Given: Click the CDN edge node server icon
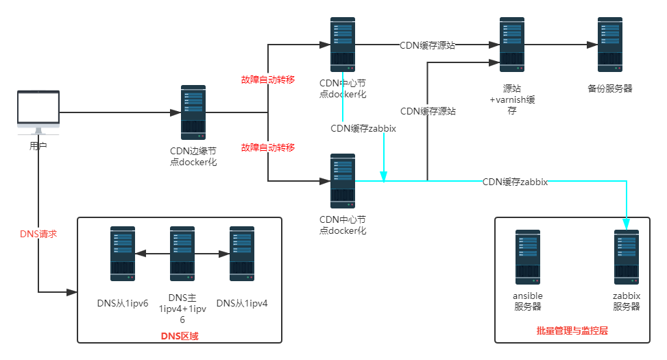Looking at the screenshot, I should coord(193,112).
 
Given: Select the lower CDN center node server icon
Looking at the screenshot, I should coord(343,181).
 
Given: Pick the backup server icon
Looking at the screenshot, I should coord(609,45).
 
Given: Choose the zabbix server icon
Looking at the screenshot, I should coord(627,257).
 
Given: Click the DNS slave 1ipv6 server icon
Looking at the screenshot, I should coord(123,254).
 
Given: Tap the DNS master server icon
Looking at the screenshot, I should coord(182,254).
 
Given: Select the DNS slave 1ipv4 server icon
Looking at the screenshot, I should coord(241,254).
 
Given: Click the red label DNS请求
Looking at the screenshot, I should coord(38,234).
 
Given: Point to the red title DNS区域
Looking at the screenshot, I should coord(180,335).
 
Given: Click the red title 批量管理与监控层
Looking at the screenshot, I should coord(572,331).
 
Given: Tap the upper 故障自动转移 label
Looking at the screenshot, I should coord(268,80).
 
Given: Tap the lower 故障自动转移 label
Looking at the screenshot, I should coord(268,147).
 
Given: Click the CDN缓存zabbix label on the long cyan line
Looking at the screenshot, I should coord(516,182).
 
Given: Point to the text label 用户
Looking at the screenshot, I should coord(38,146).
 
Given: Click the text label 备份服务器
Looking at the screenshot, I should coord(609,89).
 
